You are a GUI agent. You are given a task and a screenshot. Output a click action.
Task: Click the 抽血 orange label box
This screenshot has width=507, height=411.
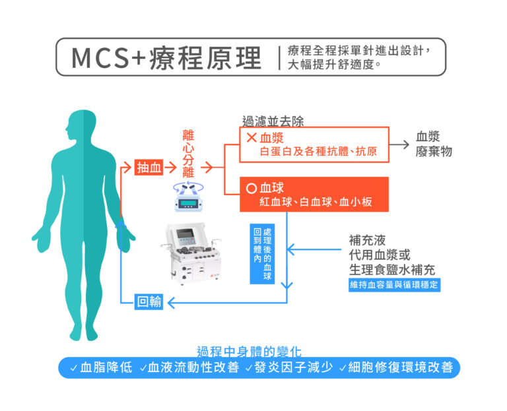pos(149,168)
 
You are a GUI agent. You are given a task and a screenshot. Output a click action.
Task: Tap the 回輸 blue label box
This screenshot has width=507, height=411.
pos(149,302)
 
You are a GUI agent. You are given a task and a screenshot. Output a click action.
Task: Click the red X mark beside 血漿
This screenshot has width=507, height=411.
pos(251,138)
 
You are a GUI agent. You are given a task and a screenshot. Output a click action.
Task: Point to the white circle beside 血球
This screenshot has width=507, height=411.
pos(251,188)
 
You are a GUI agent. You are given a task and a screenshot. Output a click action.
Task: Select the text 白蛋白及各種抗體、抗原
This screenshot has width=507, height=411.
pos(318,152)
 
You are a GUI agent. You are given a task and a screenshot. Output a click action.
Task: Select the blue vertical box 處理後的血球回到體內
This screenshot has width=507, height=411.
pos(262,254)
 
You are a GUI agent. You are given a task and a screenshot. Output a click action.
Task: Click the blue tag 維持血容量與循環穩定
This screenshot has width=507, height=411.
pos(394,285)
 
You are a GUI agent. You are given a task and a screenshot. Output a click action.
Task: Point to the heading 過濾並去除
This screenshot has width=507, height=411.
pos(273,121)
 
